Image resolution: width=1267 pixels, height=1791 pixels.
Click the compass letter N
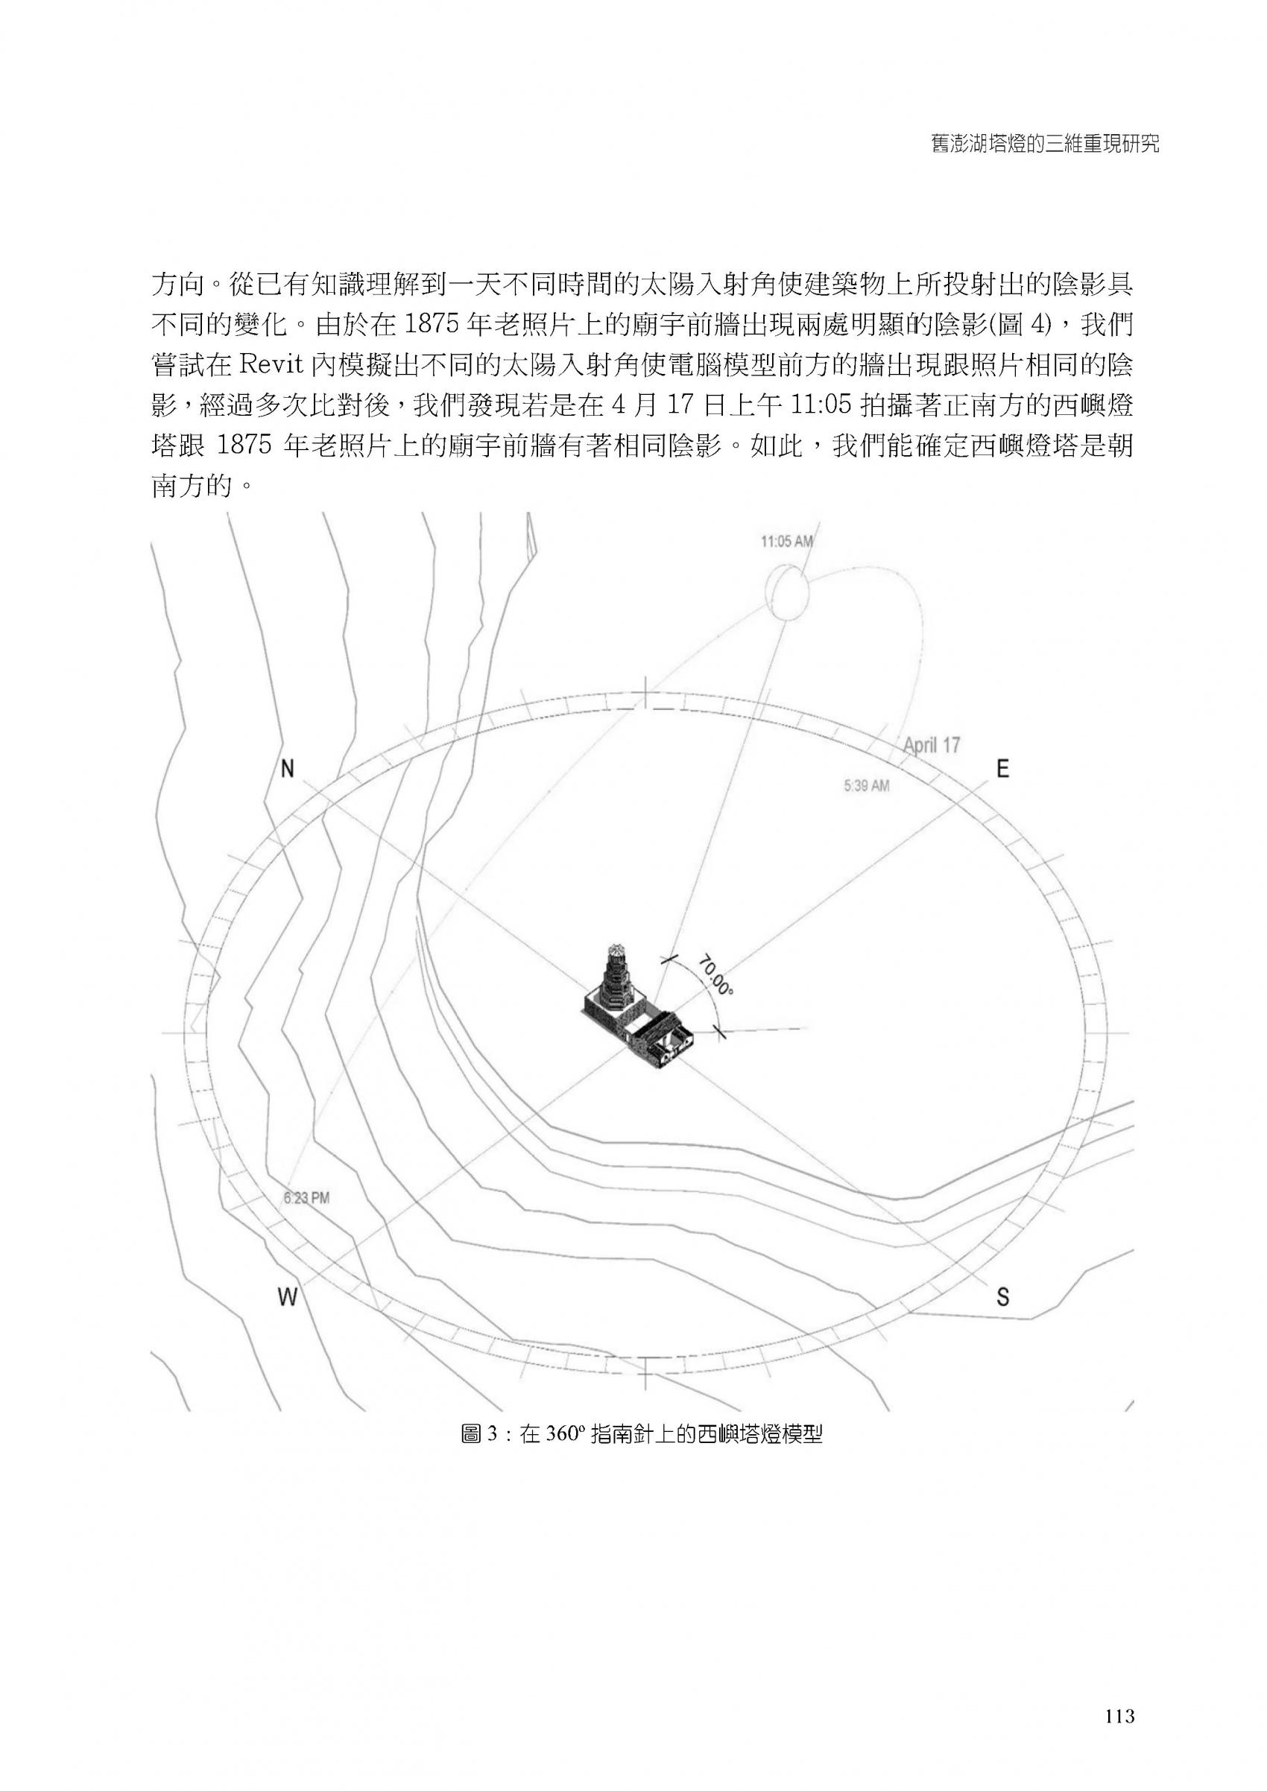288,770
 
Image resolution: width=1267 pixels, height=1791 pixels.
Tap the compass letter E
1002,770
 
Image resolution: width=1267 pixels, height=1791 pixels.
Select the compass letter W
288,1297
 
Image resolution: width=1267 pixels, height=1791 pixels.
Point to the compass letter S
1002,1297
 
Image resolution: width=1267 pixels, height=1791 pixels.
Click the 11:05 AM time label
787,541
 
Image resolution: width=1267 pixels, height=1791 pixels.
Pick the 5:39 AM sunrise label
866,786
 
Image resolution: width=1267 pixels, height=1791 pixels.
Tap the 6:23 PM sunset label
306,1197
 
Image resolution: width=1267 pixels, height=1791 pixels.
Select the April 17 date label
932,745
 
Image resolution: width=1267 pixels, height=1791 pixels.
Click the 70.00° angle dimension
716,975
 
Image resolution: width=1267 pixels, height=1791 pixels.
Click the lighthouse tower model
616,987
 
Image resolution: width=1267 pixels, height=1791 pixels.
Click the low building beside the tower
664,1038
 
